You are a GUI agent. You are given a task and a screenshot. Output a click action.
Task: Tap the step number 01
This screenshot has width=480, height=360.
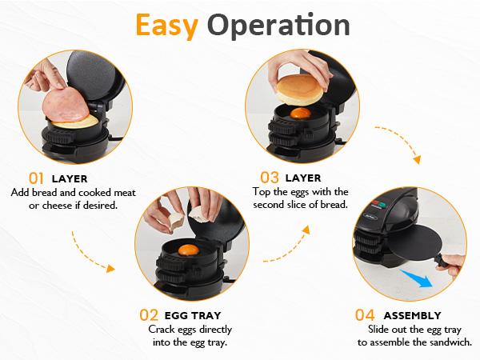tap(37, 178)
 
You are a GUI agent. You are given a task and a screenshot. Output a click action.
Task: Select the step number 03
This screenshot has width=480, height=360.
tap(270, 178)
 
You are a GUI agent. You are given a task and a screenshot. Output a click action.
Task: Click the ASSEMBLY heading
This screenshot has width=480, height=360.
tap(412, 315)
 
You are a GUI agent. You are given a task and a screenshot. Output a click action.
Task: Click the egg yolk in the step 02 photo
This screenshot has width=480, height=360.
tap(188, 250)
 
